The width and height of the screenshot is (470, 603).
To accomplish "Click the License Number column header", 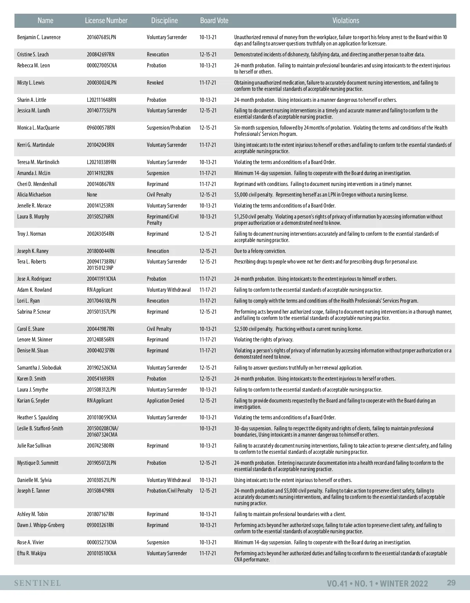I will [x=106, y=21].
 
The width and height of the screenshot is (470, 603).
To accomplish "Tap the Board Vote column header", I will [x=214, y=21].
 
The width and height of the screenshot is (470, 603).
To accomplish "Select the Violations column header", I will [x=345, y=21].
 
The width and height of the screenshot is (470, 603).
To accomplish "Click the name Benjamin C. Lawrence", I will [x=39, y=38].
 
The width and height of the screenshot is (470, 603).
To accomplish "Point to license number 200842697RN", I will [x=101, y=55].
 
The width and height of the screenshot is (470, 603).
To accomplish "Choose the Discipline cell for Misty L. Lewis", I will [x=155, y=83].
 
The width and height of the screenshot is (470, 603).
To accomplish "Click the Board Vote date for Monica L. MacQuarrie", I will [x=208, y=128].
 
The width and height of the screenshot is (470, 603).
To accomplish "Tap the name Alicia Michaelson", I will [x=34, y=195].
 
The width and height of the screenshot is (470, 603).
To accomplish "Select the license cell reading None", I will [x=92, y=195].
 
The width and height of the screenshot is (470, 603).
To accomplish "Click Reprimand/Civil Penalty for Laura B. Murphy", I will [x=163, y=220].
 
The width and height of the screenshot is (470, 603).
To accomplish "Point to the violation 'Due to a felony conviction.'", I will [x=260, y=251].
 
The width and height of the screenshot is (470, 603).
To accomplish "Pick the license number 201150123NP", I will [x=101, y=268].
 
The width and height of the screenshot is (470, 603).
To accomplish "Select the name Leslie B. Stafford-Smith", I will [x=40, y=429].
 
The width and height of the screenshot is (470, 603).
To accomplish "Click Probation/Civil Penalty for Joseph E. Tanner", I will [x=170, y=491].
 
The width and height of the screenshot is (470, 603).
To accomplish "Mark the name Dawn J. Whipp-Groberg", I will [x=41, y=525].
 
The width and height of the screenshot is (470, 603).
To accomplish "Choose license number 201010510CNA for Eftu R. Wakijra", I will [x=101, y=554].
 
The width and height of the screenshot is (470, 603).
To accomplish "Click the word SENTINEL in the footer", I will [x=38, y=583].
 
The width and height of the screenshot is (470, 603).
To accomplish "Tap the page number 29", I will [x=451, y=583].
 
